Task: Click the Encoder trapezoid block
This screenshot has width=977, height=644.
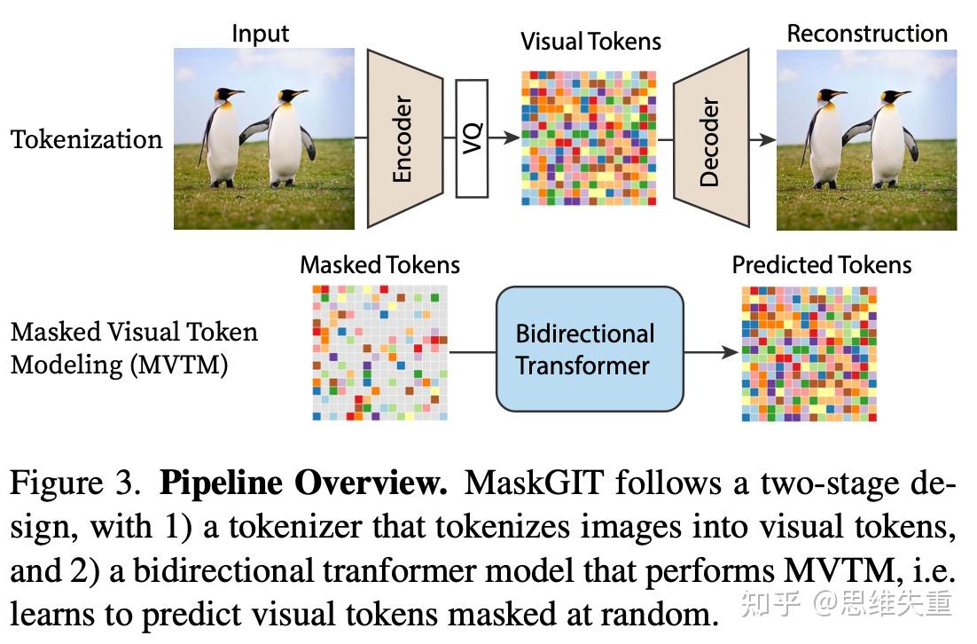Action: pos(404,138)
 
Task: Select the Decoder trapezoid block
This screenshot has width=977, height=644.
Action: pos(711,138)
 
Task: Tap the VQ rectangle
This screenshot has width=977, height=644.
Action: pos(472,138)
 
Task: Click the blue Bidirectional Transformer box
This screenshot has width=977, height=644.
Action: pos(590,349)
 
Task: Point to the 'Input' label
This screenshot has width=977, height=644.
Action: pos(261,35)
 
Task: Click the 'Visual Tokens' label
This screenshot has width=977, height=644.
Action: pos(590,41)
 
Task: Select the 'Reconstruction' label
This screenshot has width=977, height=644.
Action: pos(866,35)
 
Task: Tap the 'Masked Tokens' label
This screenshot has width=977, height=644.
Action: pos(379,264)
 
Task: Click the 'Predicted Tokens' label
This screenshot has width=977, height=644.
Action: pos(821,264)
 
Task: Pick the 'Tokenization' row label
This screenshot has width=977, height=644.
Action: pos(87,139)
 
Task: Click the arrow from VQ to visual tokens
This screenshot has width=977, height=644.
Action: pos(504,138)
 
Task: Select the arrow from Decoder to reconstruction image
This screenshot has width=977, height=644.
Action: pos(762,138)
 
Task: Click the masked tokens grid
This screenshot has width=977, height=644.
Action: pos(379,352)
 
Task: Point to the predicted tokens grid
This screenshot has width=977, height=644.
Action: pos(809,352)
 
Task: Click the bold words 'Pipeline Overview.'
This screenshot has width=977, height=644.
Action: pos(303,484)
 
